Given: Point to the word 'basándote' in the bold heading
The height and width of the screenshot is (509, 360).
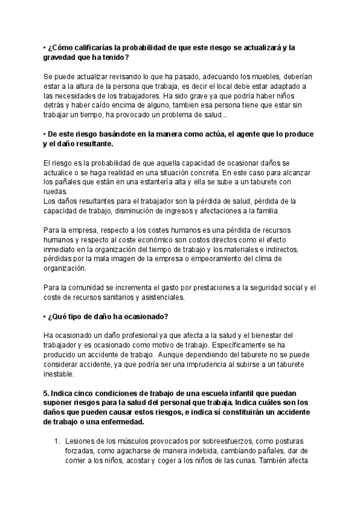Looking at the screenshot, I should click(111, 134).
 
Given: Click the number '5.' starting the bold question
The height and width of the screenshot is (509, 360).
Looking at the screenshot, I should click(47, 392).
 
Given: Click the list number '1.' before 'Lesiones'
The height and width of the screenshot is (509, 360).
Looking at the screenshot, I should click(58, 440).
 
